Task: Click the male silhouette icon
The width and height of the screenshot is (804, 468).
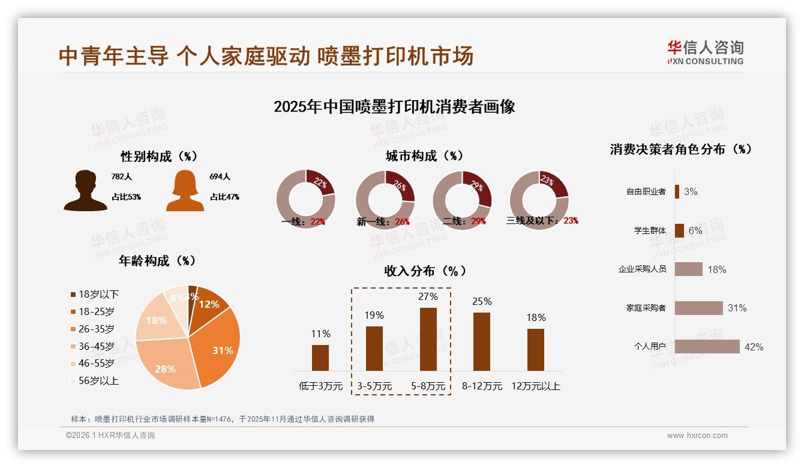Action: (85, 191)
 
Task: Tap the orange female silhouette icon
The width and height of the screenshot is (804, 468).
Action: (185, 191)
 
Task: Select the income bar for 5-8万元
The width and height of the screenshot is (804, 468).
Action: (428, 339)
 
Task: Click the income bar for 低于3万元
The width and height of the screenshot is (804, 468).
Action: (320, 358)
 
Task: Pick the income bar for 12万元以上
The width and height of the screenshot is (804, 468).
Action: (535, 349)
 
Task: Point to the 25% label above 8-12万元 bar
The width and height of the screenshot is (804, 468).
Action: (482, 301)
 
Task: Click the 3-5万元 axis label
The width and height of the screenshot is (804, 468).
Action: (374, 386)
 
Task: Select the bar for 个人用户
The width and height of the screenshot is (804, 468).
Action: (707, 347)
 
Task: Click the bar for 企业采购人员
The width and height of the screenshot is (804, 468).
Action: (688, 269)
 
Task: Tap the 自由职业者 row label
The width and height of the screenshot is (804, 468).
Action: (646, 192)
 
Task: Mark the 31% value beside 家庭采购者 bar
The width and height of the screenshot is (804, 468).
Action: (737, 308)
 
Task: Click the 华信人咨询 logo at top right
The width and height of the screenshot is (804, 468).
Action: (705, 53)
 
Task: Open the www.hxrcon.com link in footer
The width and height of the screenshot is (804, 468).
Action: (697, 436)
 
